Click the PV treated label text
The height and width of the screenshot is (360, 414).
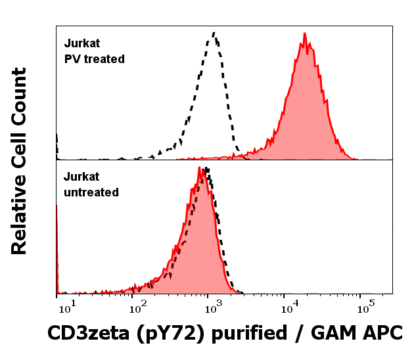tap(94, 59)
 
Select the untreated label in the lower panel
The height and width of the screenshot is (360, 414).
tap(91, 192)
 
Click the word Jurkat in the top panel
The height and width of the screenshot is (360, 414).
tap(81, 44)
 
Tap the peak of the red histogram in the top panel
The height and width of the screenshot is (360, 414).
tap(304, 34)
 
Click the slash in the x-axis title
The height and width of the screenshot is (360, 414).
tap(304, 334)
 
